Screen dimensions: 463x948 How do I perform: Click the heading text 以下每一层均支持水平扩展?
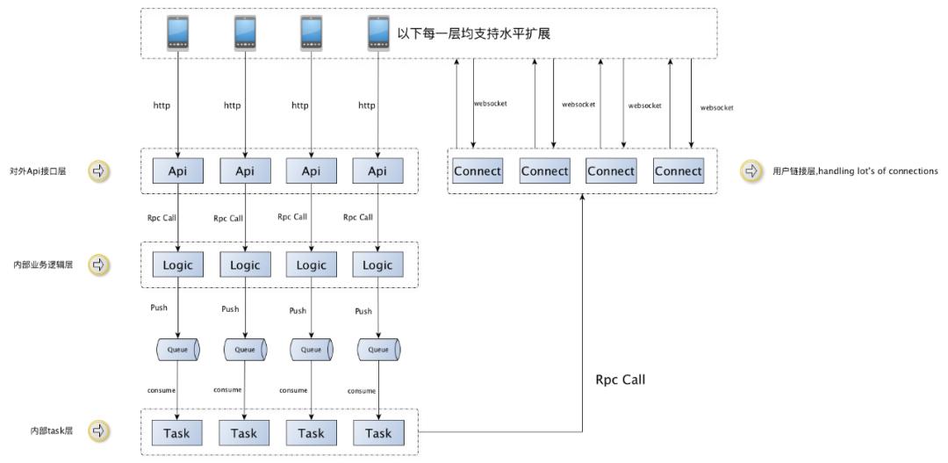point(473,33)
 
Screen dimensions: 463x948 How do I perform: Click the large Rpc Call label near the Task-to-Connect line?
point(620,380)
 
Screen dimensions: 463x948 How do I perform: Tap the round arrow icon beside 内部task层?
point(99,431)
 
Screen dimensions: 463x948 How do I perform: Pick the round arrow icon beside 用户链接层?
point(751,171)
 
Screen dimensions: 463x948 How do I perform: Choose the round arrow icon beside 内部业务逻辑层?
point(99,264)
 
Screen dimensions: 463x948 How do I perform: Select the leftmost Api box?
point(178,171)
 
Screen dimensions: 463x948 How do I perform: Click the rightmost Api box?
point(377,171)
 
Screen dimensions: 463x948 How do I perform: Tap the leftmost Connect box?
point(478,171)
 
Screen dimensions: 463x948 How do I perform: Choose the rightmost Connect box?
point(678,171)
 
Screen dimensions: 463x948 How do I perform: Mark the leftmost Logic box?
point(178,264)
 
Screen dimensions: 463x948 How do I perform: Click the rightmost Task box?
point(377,432)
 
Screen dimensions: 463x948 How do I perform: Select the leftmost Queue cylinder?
point(178,350)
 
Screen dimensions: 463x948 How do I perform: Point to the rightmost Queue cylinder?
point(378,350)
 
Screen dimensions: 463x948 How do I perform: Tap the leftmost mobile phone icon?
point(178,33)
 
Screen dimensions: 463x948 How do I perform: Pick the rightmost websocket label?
point(716,107)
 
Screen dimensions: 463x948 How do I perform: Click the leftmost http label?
point(162,105)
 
